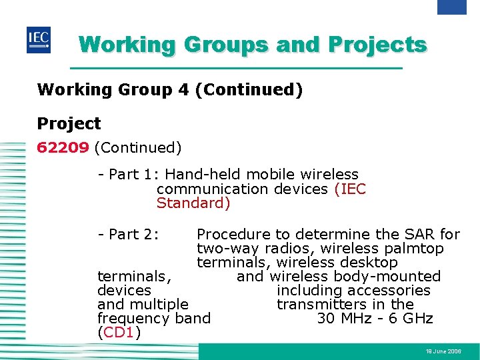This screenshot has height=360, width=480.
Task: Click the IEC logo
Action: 38,40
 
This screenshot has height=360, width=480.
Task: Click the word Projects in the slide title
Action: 378,45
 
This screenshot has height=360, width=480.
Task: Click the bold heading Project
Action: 69,123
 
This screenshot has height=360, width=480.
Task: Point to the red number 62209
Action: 63,147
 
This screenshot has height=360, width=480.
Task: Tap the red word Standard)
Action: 193,203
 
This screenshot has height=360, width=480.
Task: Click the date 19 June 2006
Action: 443,351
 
